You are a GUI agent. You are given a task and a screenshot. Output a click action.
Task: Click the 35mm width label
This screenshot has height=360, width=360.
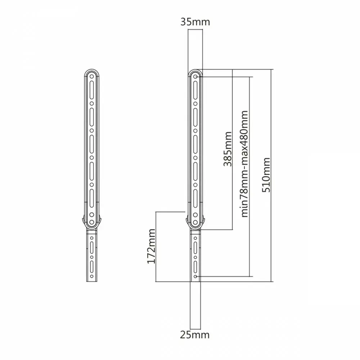pyautogui.click(x=195, y=22)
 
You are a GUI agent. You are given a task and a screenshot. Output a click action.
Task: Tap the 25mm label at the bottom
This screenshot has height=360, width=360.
pyautogui.click(x=195, y=335)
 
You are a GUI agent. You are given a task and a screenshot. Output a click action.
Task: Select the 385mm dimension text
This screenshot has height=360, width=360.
pyautogui.click(x=228, y=149)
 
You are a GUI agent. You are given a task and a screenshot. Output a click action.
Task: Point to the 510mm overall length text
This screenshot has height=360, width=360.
pyautogui.click(x=266, y=175)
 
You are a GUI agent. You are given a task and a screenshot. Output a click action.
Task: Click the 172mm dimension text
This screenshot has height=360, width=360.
pyautogui.click(x=151, y=246)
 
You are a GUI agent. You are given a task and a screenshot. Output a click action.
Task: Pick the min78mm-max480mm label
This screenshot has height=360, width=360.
pyautogui.click(x=245, y=164)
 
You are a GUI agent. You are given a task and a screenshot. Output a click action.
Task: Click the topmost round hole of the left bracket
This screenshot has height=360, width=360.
pyautogui.click(x=91, y=76)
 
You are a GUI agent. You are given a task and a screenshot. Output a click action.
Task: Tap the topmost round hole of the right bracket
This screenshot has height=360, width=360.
pyautogui.click(x=195, y=76)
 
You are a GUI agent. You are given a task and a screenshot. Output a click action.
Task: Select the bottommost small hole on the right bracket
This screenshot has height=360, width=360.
pyautogui.click(x=195, y=276)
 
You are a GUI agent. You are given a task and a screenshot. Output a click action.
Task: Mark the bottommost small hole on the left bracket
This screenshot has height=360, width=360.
pyautogui.click(x=91, y=276)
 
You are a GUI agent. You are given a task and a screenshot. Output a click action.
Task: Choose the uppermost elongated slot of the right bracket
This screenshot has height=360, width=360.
pyautogui.click(x=195, y=90)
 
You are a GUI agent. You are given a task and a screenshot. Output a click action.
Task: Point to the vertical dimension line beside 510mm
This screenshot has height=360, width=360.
pyautogui.click(x=271, y=175)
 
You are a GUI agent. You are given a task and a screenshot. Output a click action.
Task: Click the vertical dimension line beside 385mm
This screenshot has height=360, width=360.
pyautogui.click(x=232, y=149)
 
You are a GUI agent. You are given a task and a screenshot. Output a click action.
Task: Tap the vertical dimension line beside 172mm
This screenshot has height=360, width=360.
pyautogui.click(x=156, y=247)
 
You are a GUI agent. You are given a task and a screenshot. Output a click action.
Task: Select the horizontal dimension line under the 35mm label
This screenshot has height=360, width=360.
pyautogui.click(x=195, y=30)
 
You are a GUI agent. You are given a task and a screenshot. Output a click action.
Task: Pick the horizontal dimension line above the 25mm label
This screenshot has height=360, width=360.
pyautogui.click(x=195, y=329)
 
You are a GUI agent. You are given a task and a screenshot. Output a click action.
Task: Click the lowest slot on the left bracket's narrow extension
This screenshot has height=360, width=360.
pyautogui.click(x=91, y=266)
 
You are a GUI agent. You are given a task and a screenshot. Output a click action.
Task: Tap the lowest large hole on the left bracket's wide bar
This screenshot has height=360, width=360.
pyautogui.click(x=91, y=222)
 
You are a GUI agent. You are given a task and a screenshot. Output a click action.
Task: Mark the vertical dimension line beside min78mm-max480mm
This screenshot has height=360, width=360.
pyautogui.click(x=249, y=176)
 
